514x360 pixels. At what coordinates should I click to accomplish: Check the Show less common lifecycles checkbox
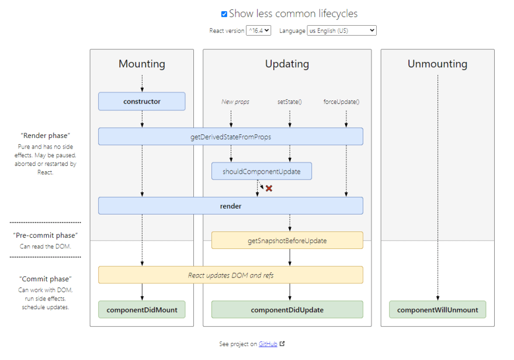tap(224, 14)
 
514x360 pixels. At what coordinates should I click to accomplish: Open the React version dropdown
tap(259, 30)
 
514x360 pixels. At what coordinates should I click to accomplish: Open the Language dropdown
tap(342, 30)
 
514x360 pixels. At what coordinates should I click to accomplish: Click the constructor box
tap(141, 101)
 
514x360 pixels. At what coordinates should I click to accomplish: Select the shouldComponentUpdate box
tap(261, 171)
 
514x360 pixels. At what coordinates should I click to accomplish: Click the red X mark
tap(269, 188)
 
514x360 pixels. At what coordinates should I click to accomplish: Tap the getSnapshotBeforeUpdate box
tap(287, 240)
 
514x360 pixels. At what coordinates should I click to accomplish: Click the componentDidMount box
tap(141, 310)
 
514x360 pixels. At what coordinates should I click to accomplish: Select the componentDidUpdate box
tap(287, 310)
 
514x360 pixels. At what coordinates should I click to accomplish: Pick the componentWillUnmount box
tap(437, 310)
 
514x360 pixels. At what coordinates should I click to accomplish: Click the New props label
tap(235, 102)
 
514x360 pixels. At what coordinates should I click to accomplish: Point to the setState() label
tap(289, 102)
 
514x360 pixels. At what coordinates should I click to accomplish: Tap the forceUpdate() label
tap(341, 102)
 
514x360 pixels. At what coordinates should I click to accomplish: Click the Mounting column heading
tap(141, 64)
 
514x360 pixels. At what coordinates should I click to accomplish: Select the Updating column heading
tap(287, 64)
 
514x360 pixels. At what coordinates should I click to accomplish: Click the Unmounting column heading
tap(437, 64)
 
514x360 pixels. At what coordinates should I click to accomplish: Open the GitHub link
tap(268, 344)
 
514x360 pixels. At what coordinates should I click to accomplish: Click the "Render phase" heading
tap(46, 136)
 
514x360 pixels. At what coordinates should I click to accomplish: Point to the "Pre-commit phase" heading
tap(46, 235)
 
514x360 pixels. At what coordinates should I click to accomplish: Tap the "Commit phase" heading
tap(46, 279)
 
